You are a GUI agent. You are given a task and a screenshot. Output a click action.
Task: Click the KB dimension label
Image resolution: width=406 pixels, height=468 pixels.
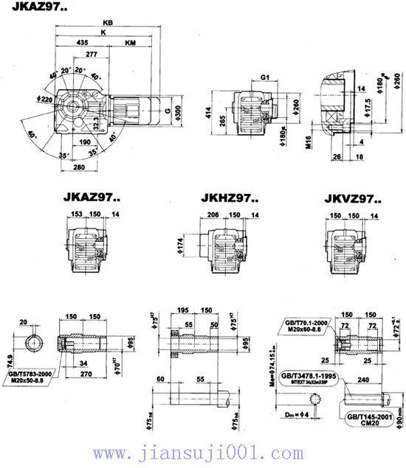coord(109,24)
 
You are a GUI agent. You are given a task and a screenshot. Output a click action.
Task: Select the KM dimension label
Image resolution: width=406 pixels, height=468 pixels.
coord(130,43)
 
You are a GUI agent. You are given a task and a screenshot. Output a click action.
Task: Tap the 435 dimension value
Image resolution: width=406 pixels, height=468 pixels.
coord(82,43)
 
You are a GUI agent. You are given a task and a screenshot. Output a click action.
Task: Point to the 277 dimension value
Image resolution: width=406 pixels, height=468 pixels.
coord(91,55)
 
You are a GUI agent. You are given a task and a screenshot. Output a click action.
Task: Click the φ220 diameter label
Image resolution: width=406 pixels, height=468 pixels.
coord(44,98)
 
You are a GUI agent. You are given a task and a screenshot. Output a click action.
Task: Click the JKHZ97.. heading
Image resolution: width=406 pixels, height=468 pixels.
coord(229,198)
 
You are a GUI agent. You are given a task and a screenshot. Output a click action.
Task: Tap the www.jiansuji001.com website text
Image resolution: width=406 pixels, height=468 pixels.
coord(200,452)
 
